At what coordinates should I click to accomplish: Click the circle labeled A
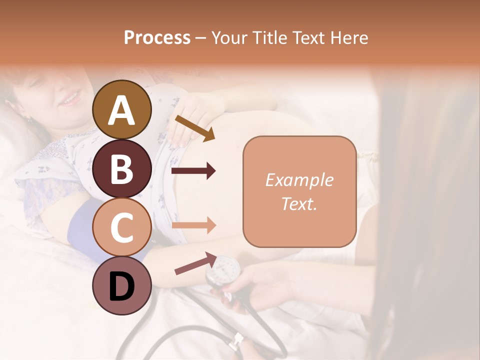121,109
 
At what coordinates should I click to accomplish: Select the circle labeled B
121,168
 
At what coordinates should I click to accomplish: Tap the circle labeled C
121,227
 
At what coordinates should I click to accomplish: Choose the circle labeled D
121,285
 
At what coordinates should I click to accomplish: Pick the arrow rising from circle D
195,263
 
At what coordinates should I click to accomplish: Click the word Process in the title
157,37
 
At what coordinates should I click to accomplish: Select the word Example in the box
299,180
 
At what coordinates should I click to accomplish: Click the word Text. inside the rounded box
299,204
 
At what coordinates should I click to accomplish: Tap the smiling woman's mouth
70,98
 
